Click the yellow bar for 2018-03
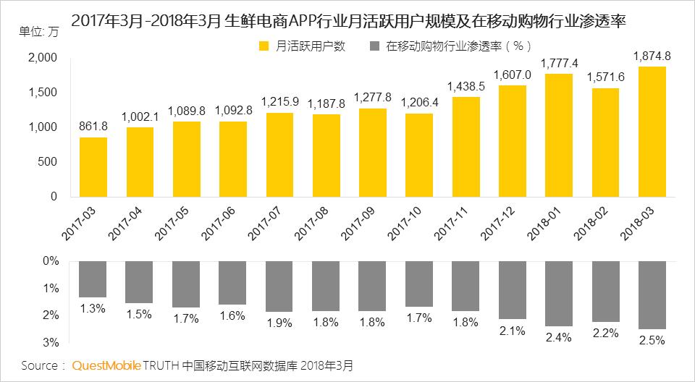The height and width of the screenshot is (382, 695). tap(652, 131)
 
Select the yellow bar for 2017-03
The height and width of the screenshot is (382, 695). tap(93, 166)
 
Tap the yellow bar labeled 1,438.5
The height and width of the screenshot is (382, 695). tap(466, 146)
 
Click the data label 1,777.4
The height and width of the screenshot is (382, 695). tap(559, 64)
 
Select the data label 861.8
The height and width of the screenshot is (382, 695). tap(93, 127)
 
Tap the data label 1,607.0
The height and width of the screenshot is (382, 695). tap(512, 75)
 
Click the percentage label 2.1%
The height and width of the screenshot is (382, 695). tap(512, 331)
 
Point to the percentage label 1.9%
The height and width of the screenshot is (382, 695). tap(279, 323)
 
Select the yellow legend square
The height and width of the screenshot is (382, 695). tap(265, 46)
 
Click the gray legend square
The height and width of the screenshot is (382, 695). tap(374, 46)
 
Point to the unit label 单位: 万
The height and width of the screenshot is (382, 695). tap(42, 32)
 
